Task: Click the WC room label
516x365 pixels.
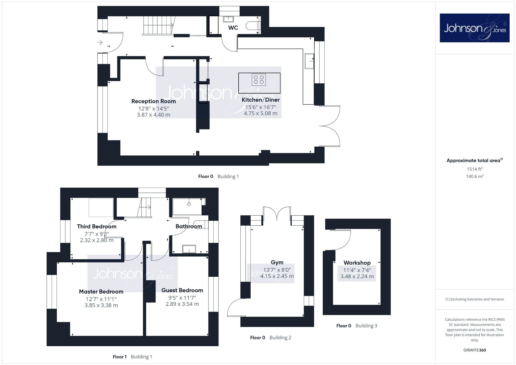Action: [233, 28]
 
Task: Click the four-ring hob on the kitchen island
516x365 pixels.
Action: [259, 80]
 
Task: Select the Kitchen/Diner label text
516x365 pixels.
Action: [261, 100]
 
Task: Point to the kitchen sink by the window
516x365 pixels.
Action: [309, 61]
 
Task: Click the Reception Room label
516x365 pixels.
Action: [153, 101]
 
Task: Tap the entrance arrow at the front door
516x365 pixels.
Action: [100, 42]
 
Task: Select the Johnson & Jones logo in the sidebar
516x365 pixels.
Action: [474, 28]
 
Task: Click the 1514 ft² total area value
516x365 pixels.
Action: [474, 169]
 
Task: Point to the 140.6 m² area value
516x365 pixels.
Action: [474, 176]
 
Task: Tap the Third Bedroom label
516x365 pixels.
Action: [97, 226]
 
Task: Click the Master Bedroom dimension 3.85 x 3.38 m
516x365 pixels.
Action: [101, 305]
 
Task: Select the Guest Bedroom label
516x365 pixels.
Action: [182, 290]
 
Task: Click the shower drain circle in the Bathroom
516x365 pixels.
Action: [189, 204]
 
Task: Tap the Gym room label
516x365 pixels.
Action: [277, 262]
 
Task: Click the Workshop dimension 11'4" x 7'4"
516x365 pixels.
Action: [357, 270]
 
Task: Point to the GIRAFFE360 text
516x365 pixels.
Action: [474, 350]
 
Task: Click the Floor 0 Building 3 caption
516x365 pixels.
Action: [356, 326]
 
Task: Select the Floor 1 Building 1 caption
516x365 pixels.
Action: [132, 357]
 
